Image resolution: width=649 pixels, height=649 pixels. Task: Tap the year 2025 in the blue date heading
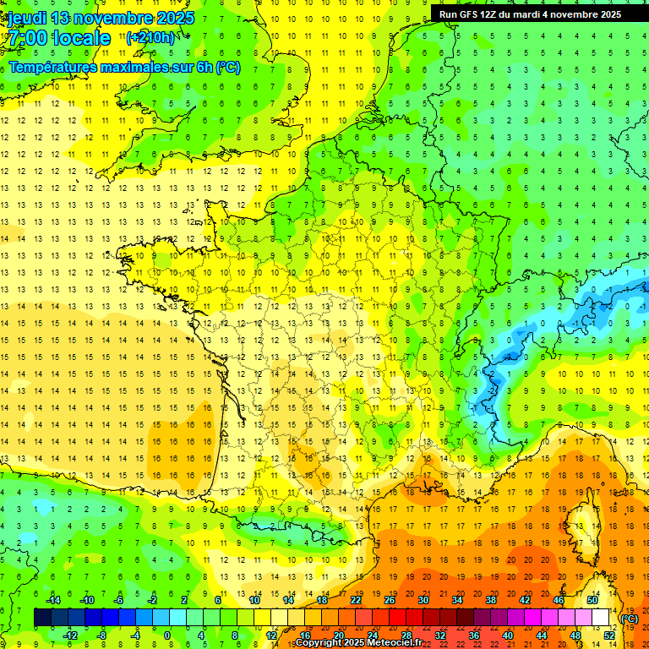172,18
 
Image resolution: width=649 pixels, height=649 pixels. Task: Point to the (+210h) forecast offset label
150,38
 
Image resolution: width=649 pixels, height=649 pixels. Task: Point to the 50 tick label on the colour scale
592,599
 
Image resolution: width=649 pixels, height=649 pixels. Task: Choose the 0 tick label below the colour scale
166,635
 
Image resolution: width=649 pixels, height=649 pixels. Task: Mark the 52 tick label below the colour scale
609,635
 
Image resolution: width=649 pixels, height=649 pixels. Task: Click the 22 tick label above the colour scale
356,599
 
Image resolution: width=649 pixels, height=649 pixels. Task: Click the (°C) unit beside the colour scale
629,619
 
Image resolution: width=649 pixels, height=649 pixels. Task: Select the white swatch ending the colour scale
601,618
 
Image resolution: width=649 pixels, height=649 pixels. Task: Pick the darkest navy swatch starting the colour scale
42,618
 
